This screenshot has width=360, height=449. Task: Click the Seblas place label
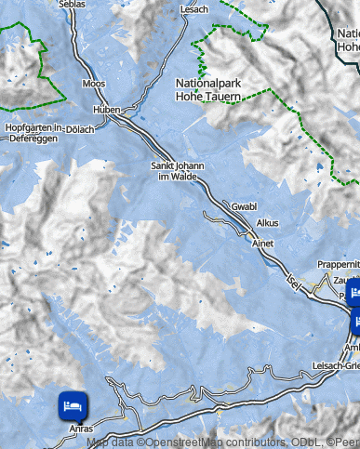coord(71,4)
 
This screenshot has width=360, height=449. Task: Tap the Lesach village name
coord(195,8)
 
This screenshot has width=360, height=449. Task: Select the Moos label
coord(94,84)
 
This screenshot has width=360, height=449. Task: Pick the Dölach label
coord(80,129)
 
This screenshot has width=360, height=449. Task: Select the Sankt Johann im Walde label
coord(177,171)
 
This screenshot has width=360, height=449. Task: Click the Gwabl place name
coord(243,206)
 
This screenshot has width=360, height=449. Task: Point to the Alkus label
coord(267,224)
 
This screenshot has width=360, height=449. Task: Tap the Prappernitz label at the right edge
coord(338,264)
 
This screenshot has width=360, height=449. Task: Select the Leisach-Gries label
coord(336,364)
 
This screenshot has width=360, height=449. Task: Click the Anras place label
coord(82,429)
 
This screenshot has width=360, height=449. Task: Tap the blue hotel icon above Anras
coord(73,404)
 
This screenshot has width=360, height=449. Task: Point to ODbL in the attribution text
coord(300,442)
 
